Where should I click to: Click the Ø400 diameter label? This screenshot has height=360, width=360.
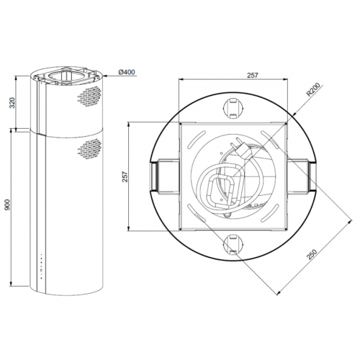coord(126,72)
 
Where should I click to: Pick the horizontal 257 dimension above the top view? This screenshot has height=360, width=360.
coord(231,75)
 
